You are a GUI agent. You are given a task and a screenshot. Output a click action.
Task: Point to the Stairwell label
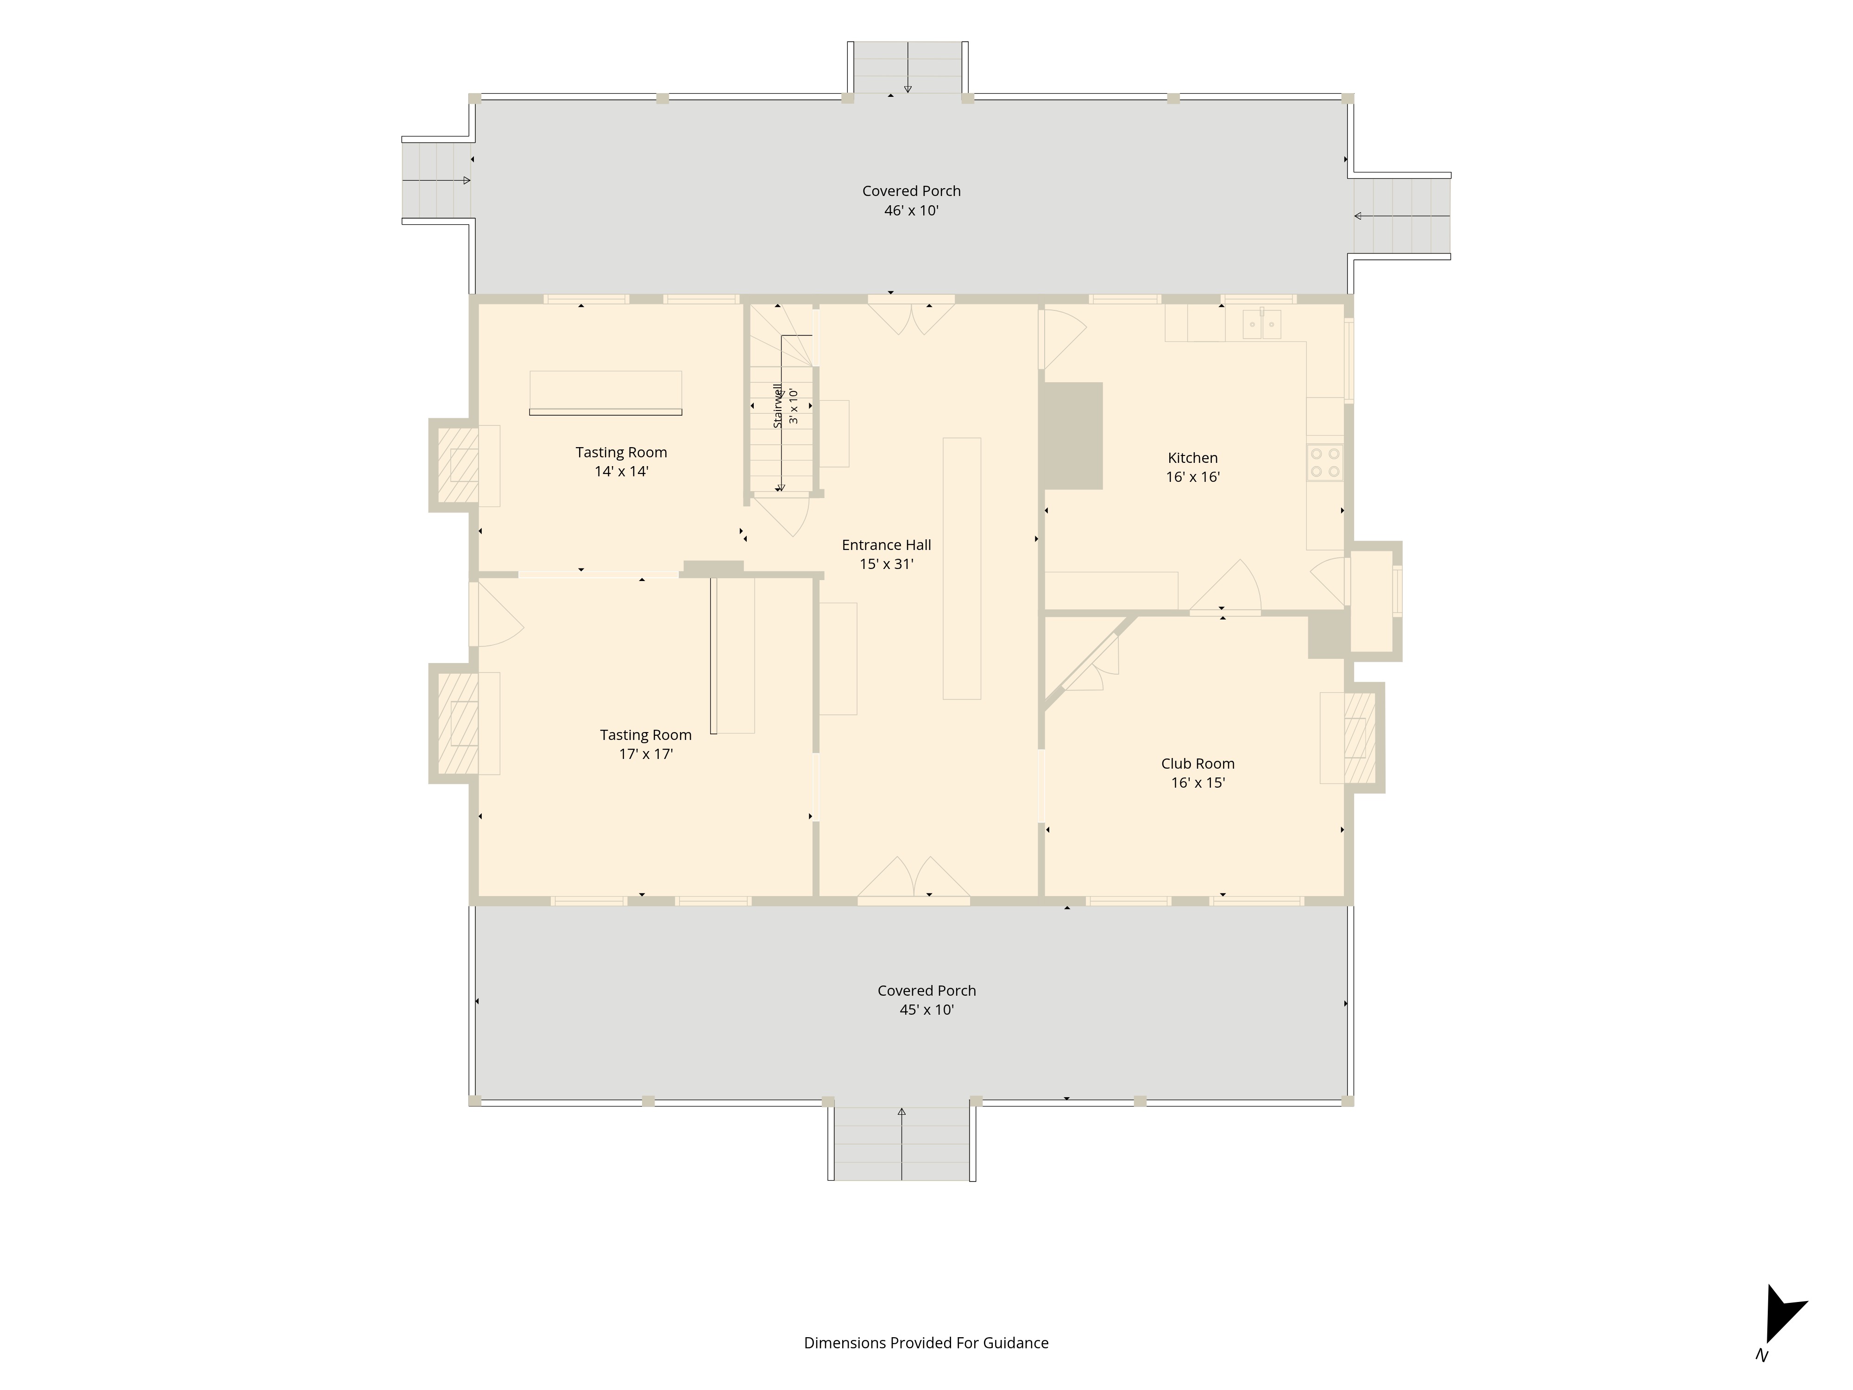[x=777, y=405]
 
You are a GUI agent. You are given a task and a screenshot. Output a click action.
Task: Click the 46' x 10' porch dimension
[x=911, y=210]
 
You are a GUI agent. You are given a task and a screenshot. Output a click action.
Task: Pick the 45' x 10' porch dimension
[x=926, y=1010]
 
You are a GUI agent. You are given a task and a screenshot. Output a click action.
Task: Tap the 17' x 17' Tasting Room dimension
[x=646, y=754]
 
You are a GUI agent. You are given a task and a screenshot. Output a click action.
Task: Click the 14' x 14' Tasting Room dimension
[x=622, y=472]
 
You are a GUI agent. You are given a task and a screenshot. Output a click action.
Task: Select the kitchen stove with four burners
[x=1324, y=462]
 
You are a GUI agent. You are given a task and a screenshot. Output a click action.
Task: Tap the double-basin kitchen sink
[x=1261, y=323]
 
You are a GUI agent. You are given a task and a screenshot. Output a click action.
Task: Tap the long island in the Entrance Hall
[x=962, y=568]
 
